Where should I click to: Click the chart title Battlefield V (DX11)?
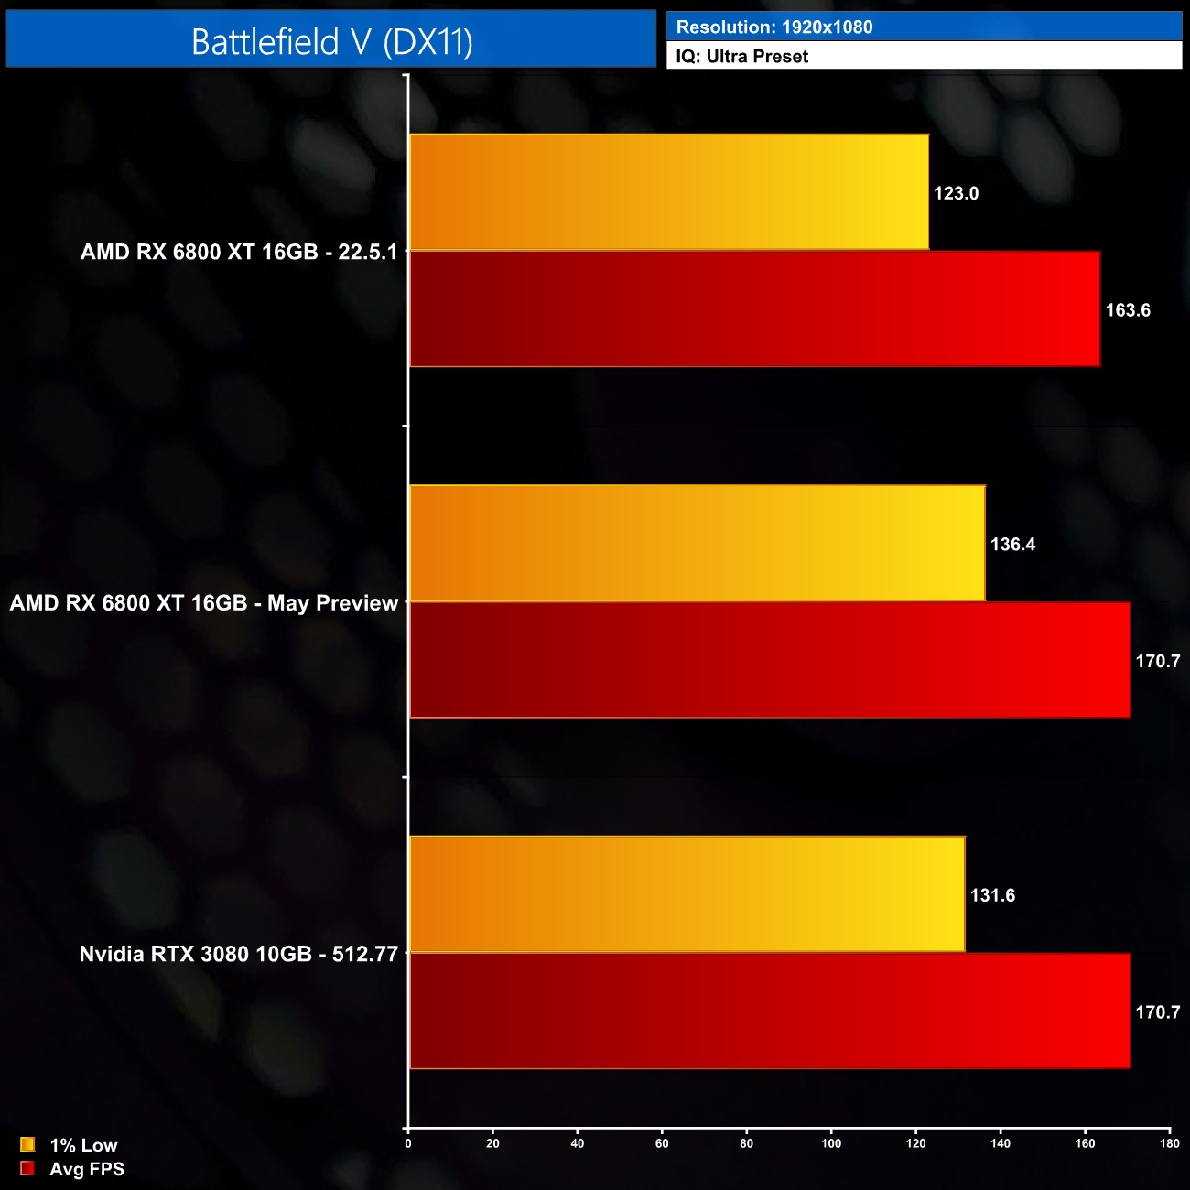tap(331, 41)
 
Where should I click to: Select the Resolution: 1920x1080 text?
tap(774, 27)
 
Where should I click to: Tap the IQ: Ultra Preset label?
tap(742, 57)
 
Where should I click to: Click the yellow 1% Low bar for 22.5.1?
tap(669, 192)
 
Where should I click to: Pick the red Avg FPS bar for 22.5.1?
tap(754, 309)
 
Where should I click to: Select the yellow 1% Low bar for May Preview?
tap(698, 544)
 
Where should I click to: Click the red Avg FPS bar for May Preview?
tap(770, 660)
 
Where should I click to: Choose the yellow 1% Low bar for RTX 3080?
tap(687, 894)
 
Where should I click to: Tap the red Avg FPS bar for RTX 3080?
tap(770, 1011)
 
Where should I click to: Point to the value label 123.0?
tap(957, 193)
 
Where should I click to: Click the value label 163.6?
tap(1128, 310)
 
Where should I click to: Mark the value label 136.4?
tap(1013, 545)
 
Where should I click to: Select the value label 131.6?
tap(993, 895)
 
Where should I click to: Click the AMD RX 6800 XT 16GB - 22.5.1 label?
tap(239, 252)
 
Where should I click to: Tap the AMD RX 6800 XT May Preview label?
tap(204, 603)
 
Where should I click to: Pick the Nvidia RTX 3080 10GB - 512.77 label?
tap(239, 954)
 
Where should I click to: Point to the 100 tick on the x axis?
tap(831, 1143)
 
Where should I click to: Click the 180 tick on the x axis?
tap(1170, 1143)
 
